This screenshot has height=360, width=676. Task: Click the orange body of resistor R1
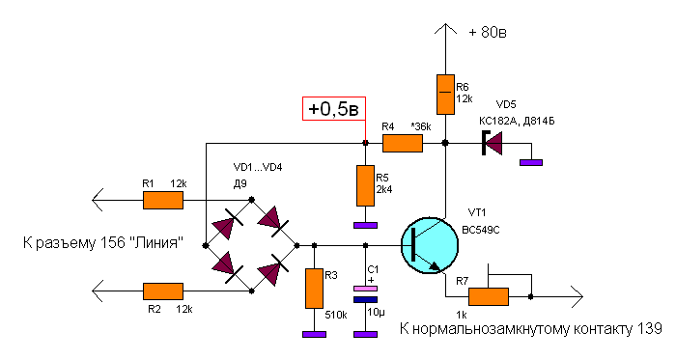pos(163,200)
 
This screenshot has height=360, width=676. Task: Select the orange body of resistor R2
pos(163,291)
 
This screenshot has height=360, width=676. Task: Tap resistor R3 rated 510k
pos(314,289)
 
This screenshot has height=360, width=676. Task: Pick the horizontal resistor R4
pos(403,144)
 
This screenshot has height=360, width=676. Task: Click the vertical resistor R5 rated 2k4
pos(366,185)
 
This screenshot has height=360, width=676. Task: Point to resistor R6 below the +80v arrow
pos(445,95)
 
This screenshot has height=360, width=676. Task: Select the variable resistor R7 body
pos(489,297)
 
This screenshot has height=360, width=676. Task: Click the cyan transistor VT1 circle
pos(430,245)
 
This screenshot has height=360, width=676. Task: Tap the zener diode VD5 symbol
pos(492,143)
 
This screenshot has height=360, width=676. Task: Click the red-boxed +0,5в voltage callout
pos(334,108)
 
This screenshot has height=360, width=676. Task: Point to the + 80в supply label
pos(488,32)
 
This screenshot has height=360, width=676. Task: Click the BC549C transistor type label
pos(481,231)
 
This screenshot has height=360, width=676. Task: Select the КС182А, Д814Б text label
pos(517,122)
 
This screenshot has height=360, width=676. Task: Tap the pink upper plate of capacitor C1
pos(365,289)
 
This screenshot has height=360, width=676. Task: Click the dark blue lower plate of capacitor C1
pos(365,300)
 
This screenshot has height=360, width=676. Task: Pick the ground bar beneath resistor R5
pos(365,225)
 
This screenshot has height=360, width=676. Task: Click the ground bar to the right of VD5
pos(531,163)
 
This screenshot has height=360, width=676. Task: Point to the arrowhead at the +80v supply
pos(445,29)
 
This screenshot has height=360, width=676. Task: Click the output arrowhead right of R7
pos(577,296)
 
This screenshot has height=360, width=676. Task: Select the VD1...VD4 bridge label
pos(258,168)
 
